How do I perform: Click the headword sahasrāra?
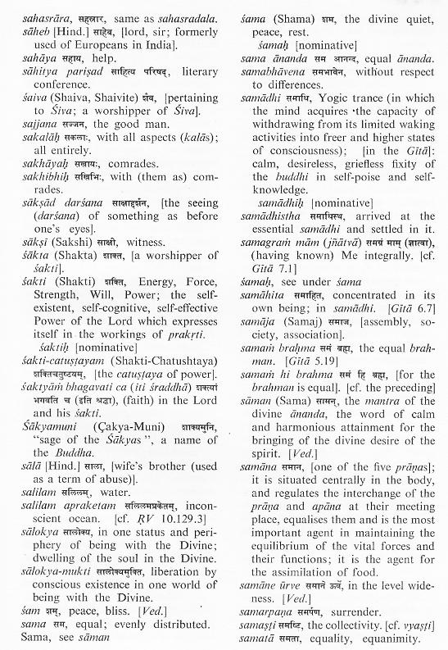29,10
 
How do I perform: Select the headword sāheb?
21,25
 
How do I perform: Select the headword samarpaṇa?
274,611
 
